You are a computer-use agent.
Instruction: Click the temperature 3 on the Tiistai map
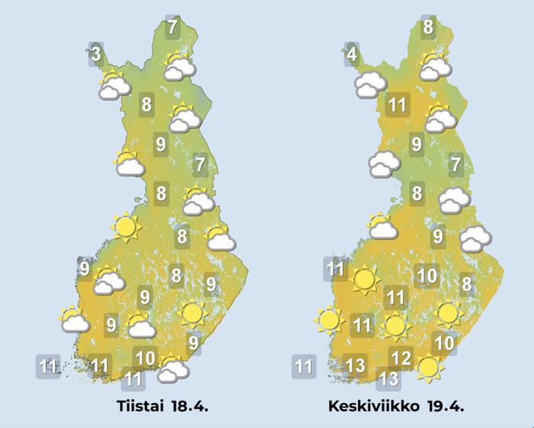pos(96,54)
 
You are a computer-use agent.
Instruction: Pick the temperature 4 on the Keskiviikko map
pos(352,55)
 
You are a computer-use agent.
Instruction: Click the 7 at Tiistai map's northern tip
pos(173,27)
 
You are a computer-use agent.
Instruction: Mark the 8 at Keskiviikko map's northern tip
pos(428,27)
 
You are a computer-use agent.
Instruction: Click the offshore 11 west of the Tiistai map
pos(49,366)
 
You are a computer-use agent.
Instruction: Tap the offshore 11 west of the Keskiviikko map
pos(304,367)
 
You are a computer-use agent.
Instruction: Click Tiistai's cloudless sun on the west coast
pos(126,227)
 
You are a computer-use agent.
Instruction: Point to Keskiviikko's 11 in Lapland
pos(397,105)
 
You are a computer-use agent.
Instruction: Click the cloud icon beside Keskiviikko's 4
pos(370,84)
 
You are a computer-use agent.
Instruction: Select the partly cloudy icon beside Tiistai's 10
pos(174,370)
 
